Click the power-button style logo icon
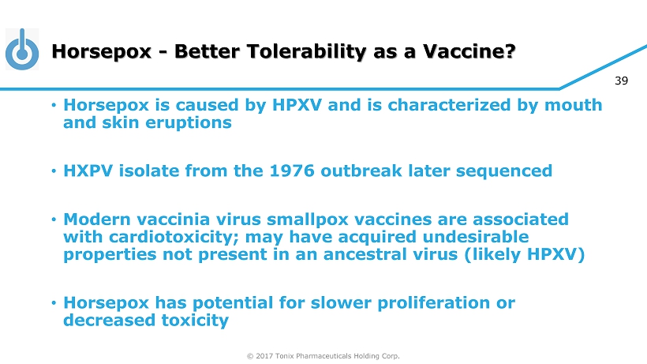pos(22,49)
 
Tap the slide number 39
pos(621,81)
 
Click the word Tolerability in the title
pos(305,51)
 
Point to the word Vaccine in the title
pos(465,51)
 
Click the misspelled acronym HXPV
pos(88,171)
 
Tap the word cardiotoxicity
pos(174,237)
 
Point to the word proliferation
pos(434,303)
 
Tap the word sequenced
pos(504,171)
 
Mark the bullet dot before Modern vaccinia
pos(54,220)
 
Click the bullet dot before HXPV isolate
pos(54,171)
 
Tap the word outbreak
pos(361,171)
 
